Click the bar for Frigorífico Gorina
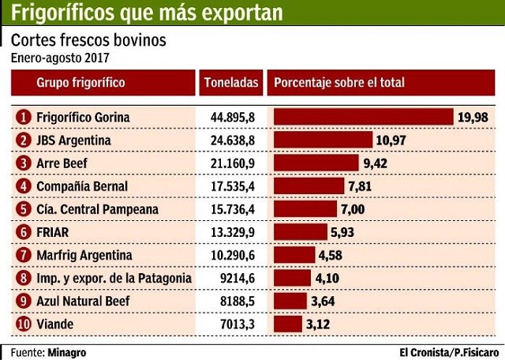pyautogui.click(x=363, y=117)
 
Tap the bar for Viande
pyautogui.click(x=287, y=324)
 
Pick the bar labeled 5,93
pyautogui.click(x=300, y=232)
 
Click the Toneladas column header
pyautogui.click(x=230, y=83)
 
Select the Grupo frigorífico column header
pyautogui.click(x=80, y=83)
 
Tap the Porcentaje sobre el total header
pyautogui.click(x=339, y=83)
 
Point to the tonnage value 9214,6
pyautogui.click(x=237, y=278)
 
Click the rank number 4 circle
pyautogui.click(x=24, y=186)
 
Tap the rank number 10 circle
pyautogui.click(x=24, y=324)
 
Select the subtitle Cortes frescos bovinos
pyautogui.click(x=88, y=40)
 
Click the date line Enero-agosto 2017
pyautogui.click(x=60, y=58)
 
